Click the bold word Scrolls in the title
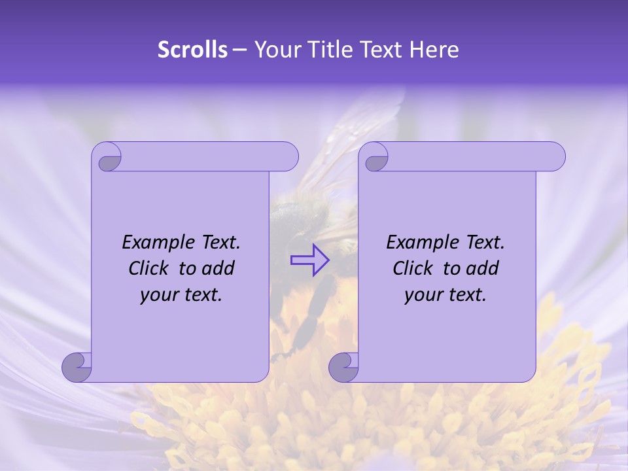point(192,50)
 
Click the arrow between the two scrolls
point(310,260)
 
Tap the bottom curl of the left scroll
point(77,367)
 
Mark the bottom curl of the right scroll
point(343,367)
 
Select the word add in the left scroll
point(218,268)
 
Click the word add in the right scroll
point(482,268)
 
